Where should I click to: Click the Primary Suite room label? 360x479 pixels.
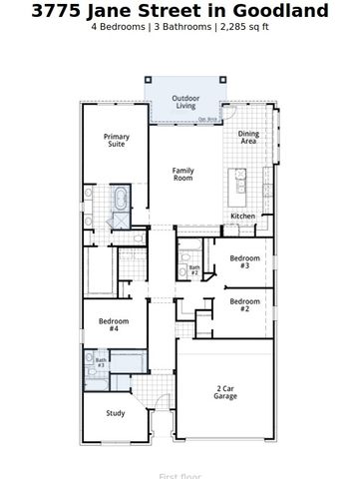[x=117, y=141]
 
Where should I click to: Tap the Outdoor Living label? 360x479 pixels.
[x=184, y=103]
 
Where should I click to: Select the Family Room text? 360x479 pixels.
[x=182, y=174]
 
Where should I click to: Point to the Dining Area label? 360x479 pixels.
[x=248, y=138]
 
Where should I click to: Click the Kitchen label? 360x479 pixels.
[x=242, y=216]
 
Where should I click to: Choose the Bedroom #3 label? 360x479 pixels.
[x=244, y=261]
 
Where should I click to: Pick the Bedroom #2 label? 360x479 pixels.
[x=244, y=304]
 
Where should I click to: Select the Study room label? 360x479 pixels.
[x=116, y=412]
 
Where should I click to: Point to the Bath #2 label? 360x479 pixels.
[x=194, y=269]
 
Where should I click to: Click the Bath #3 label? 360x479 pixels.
[x=101, y=362]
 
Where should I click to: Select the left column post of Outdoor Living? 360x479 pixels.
[x=148, y=80]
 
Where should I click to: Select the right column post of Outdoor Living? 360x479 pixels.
[x=220, y=80]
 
